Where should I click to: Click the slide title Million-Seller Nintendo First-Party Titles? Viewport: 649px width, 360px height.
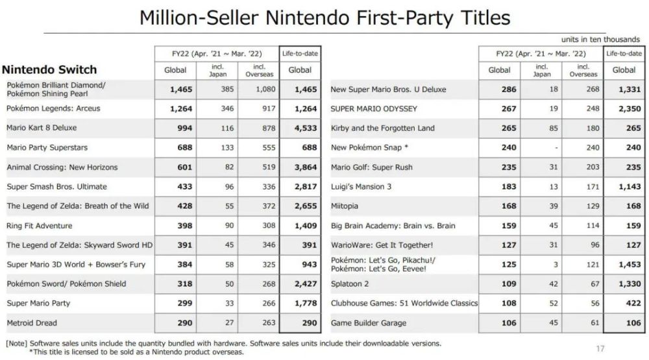pos(324,18)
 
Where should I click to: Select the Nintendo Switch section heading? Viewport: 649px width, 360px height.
pos(50,70)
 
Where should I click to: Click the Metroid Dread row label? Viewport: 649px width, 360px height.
pos(32,323)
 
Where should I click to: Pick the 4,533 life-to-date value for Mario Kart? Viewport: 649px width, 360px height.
pos(300,128)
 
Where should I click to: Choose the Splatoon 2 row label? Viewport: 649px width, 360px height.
pos(350,284)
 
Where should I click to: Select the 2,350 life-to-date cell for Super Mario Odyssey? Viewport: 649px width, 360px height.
pos(626,109)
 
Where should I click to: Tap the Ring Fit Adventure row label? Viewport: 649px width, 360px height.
pos(40,226)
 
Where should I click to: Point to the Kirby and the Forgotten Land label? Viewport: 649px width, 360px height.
pos(383,128)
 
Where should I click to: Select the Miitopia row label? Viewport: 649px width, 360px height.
pos(345,206)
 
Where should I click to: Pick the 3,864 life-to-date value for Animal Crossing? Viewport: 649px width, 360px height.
pos(300,167)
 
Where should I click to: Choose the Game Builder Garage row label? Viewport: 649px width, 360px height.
pos(369,323)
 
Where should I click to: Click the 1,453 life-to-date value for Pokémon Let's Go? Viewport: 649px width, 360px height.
pos(626,265)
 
